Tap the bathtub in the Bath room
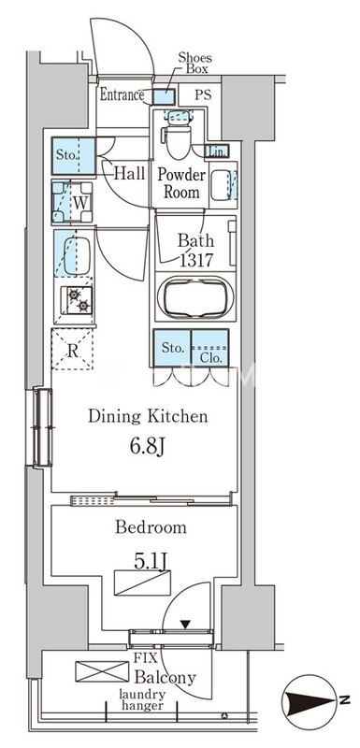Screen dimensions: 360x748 pyautogui.click(x=195, y=297)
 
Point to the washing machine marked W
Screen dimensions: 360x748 pyautogui.click(x=72, y=203)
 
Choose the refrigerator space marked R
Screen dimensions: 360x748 pyautogui.click(x=72, y=350)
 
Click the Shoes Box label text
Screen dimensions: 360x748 pyautogui.click(x=194, y=63)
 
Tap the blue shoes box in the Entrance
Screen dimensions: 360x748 pyautogui.click(x=165, y=97)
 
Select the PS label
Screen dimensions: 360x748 pyautogui.click(x=203, y=94)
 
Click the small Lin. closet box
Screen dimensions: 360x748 pyautogui.click(x=217, y=151)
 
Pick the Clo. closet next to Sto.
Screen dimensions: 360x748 pyautogui.click(x=209, y=348)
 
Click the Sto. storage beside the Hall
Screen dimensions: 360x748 pyautogui.click(x=74, y=155)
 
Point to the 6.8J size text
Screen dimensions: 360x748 pyautogui.click(x=147, y=447)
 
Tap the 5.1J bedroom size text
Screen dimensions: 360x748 pyautogui.click(x=151, y=562)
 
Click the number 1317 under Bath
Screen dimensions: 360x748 pyautogui.click(x=196, y=261)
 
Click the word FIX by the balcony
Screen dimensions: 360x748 pyautogui.click(x=146, y=659)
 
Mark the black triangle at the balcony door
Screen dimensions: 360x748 pyautogui.click(x=185, y=624)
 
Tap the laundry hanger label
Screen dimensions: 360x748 pyautogui.click(x=142, y=699)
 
